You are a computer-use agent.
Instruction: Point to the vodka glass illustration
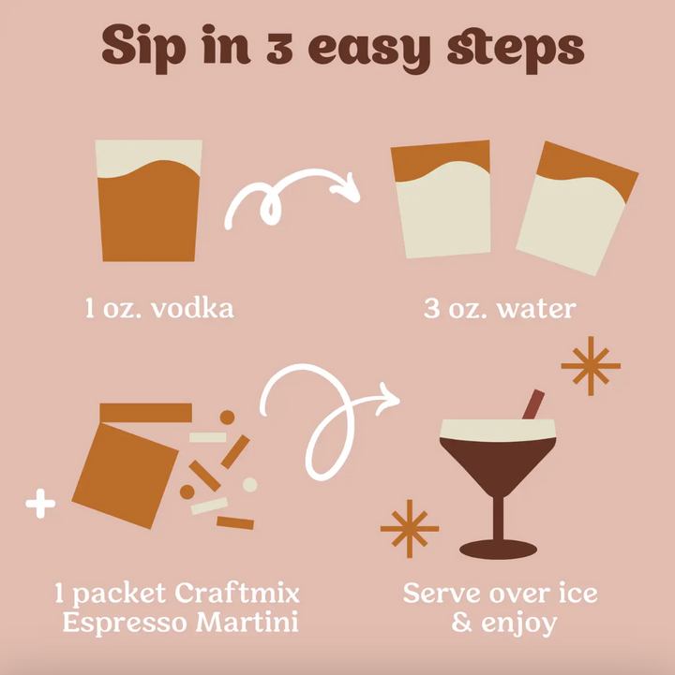[149, 201]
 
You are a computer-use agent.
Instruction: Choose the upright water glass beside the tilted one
[442, 199]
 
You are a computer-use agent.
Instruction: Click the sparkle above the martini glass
[591, 366]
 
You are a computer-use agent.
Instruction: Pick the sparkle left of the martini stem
[409, 529]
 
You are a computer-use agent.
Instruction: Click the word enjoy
[517, 622]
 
